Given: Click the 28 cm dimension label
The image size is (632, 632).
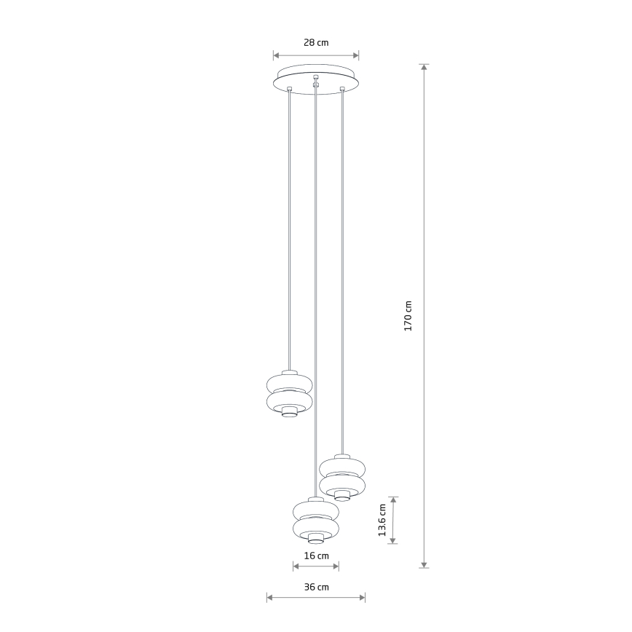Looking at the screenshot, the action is point(316,42).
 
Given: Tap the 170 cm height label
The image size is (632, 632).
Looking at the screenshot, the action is point(408,316).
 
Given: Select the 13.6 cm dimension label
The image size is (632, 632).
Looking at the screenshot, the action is point(382,520).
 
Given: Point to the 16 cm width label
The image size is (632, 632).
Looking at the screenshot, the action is point(317,556).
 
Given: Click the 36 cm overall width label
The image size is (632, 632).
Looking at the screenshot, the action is point(317,587).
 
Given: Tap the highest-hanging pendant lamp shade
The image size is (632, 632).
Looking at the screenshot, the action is point(289,393).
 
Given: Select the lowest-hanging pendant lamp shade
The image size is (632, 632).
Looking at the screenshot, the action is point(316,520).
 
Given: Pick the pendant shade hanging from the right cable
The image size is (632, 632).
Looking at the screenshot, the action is point(342,478).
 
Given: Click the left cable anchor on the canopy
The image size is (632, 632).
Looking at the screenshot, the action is point(289,89).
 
